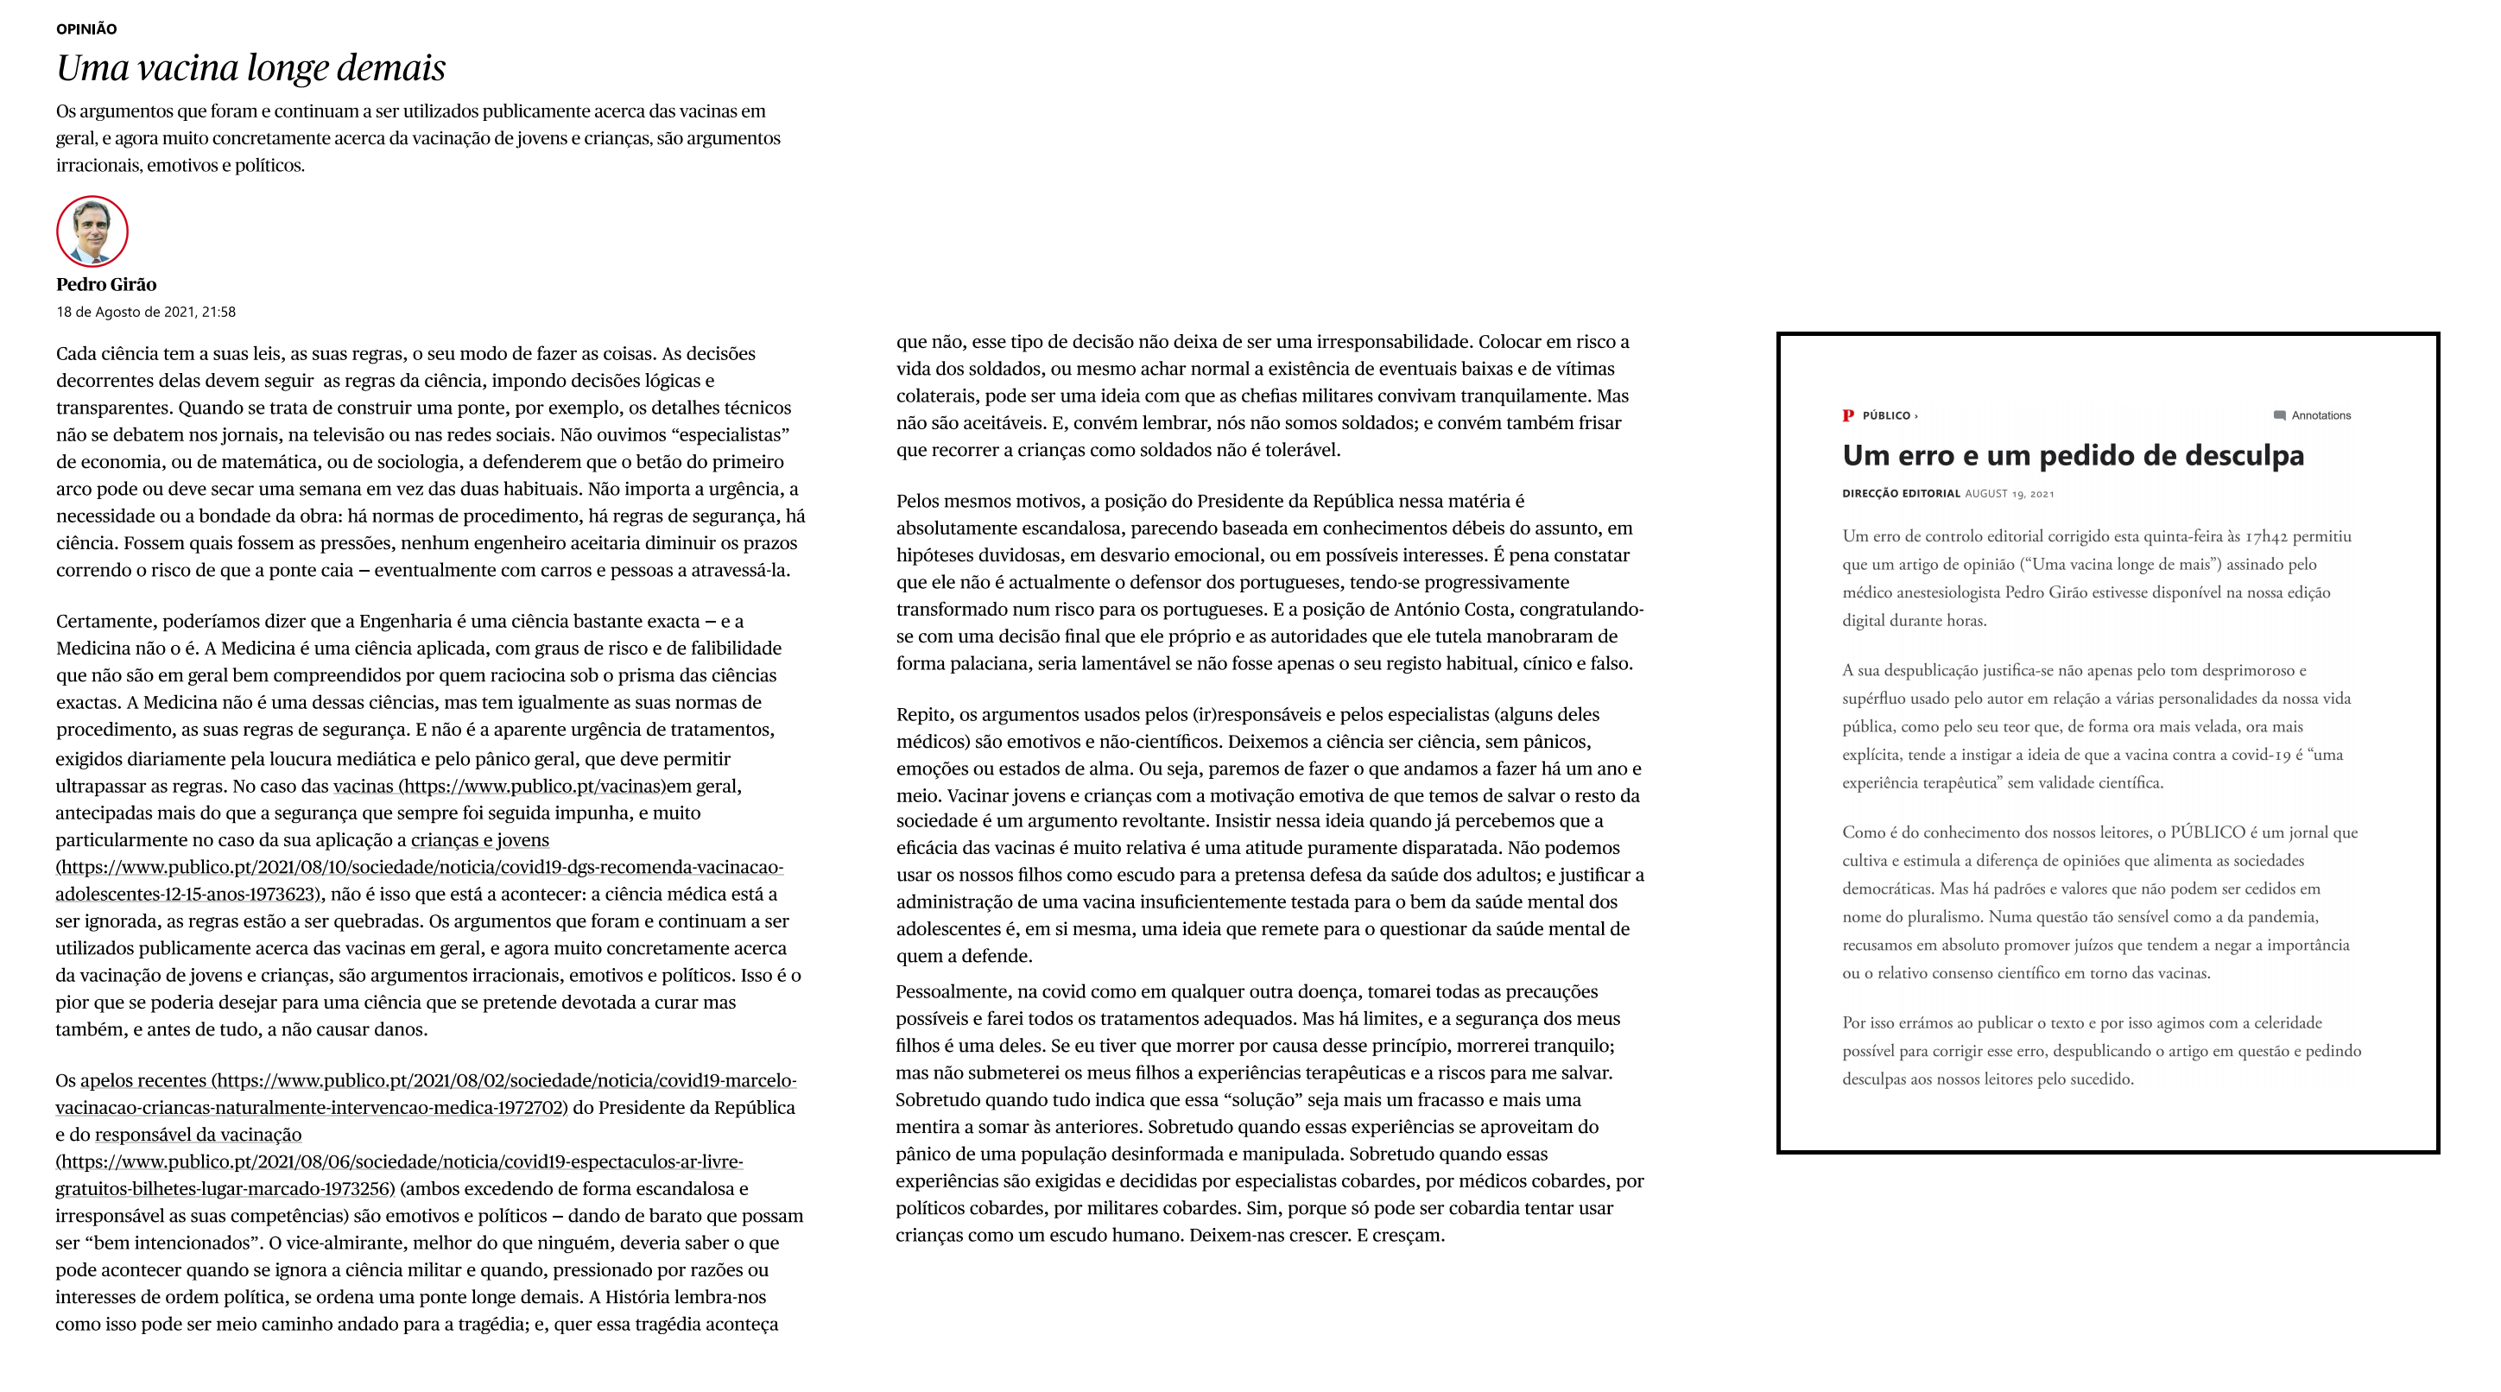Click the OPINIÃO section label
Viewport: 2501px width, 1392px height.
coord(86,29)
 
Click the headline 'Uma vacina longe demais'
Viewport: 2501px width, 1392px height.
coord(250,68)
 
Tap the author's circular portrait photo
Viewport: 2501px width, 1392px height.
coord(92,231)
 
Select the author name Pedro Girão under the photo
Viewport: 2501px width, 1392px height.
coord(106,284)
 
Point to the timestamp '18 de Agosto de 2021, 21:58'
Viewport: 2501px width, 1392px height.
coord(146,313)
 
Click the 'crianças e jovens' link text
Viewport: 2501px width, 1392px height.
coord(479,840)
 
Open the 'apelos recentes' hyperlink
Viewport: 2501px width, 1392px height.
coord(142,1080)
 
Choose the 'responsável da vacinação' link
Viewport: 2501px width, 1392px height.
coord(198,1135)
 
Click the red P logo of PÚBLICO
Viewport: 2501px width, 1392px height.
coord(1847,415)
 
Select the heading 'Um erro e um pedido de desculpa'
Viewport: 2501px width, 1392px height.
coord(2072,455)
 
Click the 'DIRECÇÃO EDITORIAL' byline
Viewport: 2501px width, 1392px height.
coord(1900,493)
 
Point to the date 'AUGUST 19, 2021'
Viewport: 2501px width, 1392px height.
coord(2009,493)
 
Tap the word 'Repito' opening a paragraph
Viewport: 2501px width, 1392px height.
coord(922,714)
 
